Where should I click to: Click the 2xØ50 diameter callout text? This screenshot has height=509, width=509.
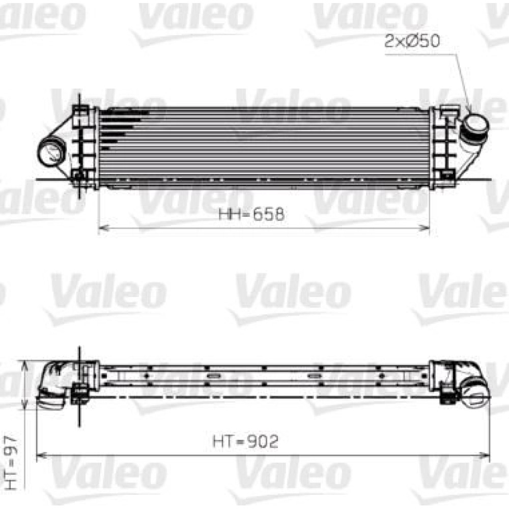click(412, 41)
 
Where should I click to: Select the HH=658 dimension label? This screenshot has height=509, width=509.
click(251, 214)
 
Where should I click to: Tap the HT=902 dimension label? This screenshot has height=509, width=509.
click(246, 441)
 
